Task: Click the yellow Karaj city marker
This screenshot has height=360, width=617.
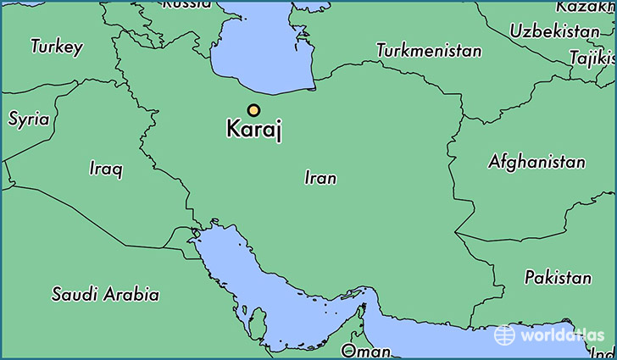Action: click(253, 109)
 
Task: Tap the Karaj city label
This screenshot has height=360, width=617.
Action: click(253, 130)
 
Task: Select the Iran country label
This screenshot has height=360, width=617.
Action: click(320, 178)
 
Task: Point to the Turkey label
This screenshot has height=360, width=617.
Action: click(57, 47)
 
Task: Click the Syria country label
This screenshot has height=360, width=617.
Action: click(28, 119)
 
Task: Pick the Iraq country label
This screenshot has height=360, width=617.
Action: click(106, 169)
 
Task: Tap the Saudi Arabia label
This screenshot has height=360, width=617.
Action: click(105, 295)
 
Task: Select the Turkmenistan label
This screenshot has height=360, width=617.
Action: click(429, 50)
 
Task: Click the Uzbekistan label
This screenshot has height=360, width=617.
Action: click(554, 31)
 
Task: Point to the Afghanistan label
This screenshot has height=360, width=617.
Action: click(536, 162)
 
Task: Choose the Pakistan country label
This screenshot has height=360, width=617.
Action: click(558, 277)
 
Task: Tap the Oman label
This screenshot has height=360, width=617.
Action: click(359, 350)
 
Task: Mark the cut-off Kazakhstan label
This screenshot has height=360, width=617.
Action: click(586, 7)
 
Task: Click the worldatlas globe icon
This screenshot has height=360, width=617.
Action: click(504, 335)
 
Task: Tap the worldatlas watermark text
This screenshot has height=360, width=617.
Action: click(560, 335)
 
